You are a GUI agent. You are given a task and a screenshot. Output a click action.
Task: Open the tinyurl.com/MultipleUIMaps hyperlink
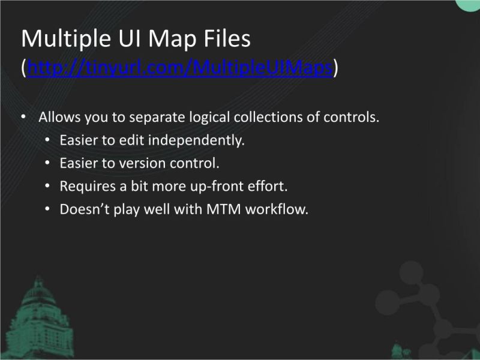[180, 68]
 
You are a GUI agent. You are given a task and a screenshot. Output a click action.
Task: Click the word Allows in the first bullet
[57, 117]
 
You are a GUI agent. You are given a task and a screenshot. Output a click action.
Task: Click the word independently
[196, 140]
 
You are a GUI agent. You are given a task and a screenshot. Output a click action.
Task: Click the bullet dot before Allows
[23, 117]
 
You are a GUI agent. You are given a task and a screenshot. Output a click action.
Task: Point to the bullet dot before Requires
[48, 187]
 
